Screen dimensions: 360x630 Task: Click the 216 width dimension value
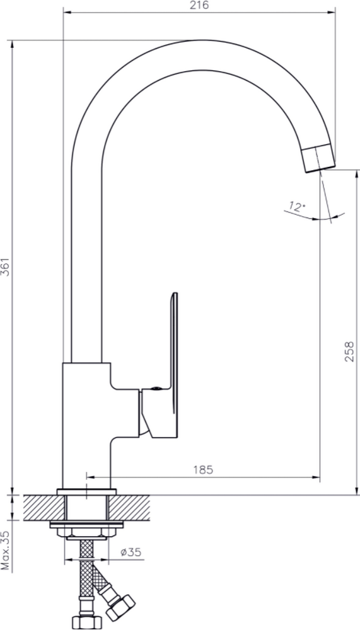coord(199,5)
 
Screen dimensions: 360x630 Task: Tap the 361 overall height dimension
coord(5,266)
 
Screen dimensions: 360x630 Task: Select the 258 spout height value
coord(349,352)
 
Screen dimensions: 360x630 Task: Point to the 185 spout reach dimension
coord(203,470)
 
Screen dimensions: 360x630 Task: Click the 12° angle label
coord(297,207)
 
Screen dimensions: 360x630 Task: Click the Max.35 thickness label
coord(5,551)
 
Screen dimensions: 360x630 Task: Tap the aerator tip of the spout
coord(318,158)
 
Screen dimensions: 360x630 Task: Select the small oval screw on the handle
coord(155,389)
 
